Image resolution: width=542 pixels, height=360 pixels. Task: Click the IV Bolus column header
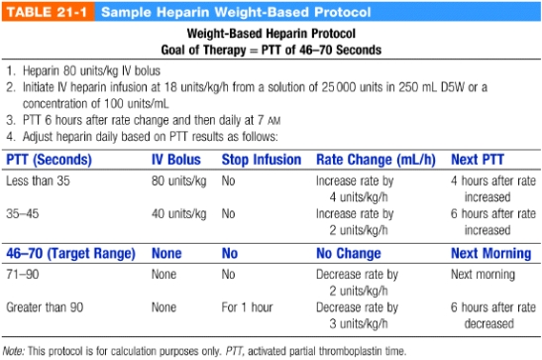point(177,159)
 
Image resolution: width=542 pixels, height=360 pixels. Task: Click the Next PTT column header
point(480,159)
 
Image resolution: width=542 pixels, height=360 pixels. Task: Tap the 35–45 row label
point(26,212)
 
